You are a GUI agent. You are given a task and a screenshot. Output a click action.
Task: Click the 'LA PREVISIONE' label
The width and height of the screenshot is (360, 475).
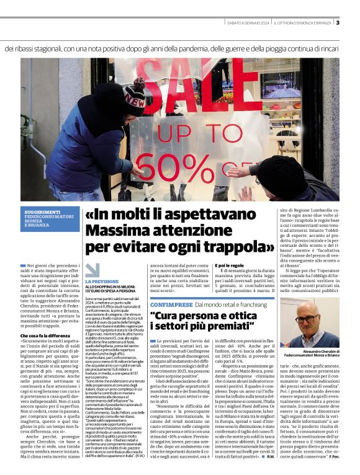[x=102, y=282]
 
